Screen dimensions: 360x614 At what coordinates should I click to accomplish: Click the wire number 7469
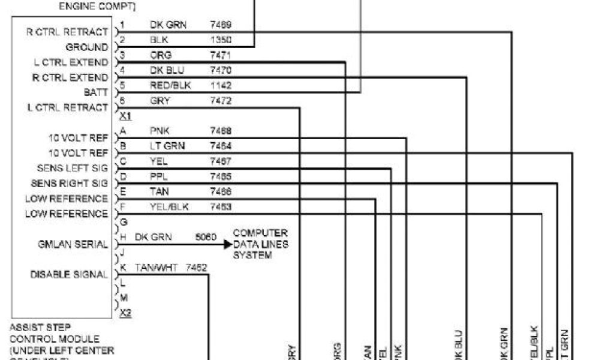pos(221,25)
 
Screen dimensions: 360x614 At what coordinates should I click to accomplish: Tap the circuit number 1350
pos(221,40)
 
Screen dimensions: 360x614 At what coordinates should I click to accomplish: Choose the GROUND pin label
pos(87,47)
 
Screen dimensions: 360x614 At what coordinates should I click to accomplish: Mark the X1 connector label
pos(125,115)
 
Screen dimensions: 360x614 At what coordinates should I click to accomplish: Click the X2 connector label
pos(125,313)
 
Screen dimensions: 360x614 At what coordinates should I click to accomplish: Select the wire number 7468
pos(221,131)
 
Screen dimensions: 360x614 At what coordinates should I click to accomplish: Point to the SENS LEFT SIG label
pos(72,168)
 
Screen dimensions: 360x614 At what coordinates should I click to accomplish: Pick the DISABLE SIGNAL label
pos(69,275)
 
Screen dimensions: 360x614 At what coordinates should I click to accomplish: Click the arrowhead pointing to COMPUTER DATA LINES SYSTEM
pos(228,244)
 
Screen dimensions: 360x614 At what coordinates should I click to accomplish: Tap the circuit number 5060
pos(206,238)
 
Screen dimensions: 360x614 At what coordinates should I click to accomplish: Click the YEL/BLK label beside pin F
pos(167,207)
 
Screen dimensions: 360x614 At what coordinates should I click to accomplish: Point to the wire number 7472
pos(221,101)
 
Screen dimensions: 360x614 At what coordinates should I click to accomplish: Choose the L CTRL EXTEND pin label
pos(71,62)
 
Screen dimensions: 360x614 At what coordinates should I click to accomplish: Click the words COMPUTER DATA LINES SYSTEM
pos(260,244)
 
